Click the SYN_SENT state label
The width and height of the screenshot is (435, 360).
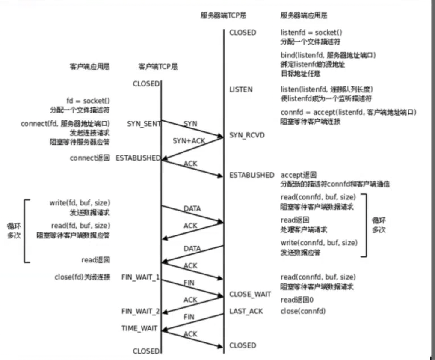144,124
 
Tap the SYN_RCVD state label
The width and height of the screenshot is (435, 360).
247,135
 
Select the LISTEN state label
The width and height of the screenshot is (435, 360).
241,89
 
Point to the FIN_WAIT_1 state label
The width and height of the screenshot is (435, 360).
140,277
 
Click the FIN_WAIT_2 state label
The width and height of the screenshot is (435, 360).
140,311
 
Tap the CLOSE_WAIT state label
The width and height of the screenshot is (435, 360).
250,294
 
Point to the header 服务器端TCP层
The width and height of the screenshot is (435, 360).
223,15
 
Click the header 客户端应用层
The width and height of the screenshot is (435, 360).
89,67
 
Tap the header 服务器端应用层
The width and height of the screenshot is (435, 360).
304,15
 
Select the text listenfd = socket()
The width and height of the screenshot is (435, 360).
311,33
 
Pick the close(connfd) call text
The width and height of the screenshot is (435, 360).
303,311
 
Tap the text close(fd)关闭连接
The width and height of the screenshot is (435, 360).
83,277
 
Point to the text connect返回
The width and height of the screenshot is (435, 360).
90,158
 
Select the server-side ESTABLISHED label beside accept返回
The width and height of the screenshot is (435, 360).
252,175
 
